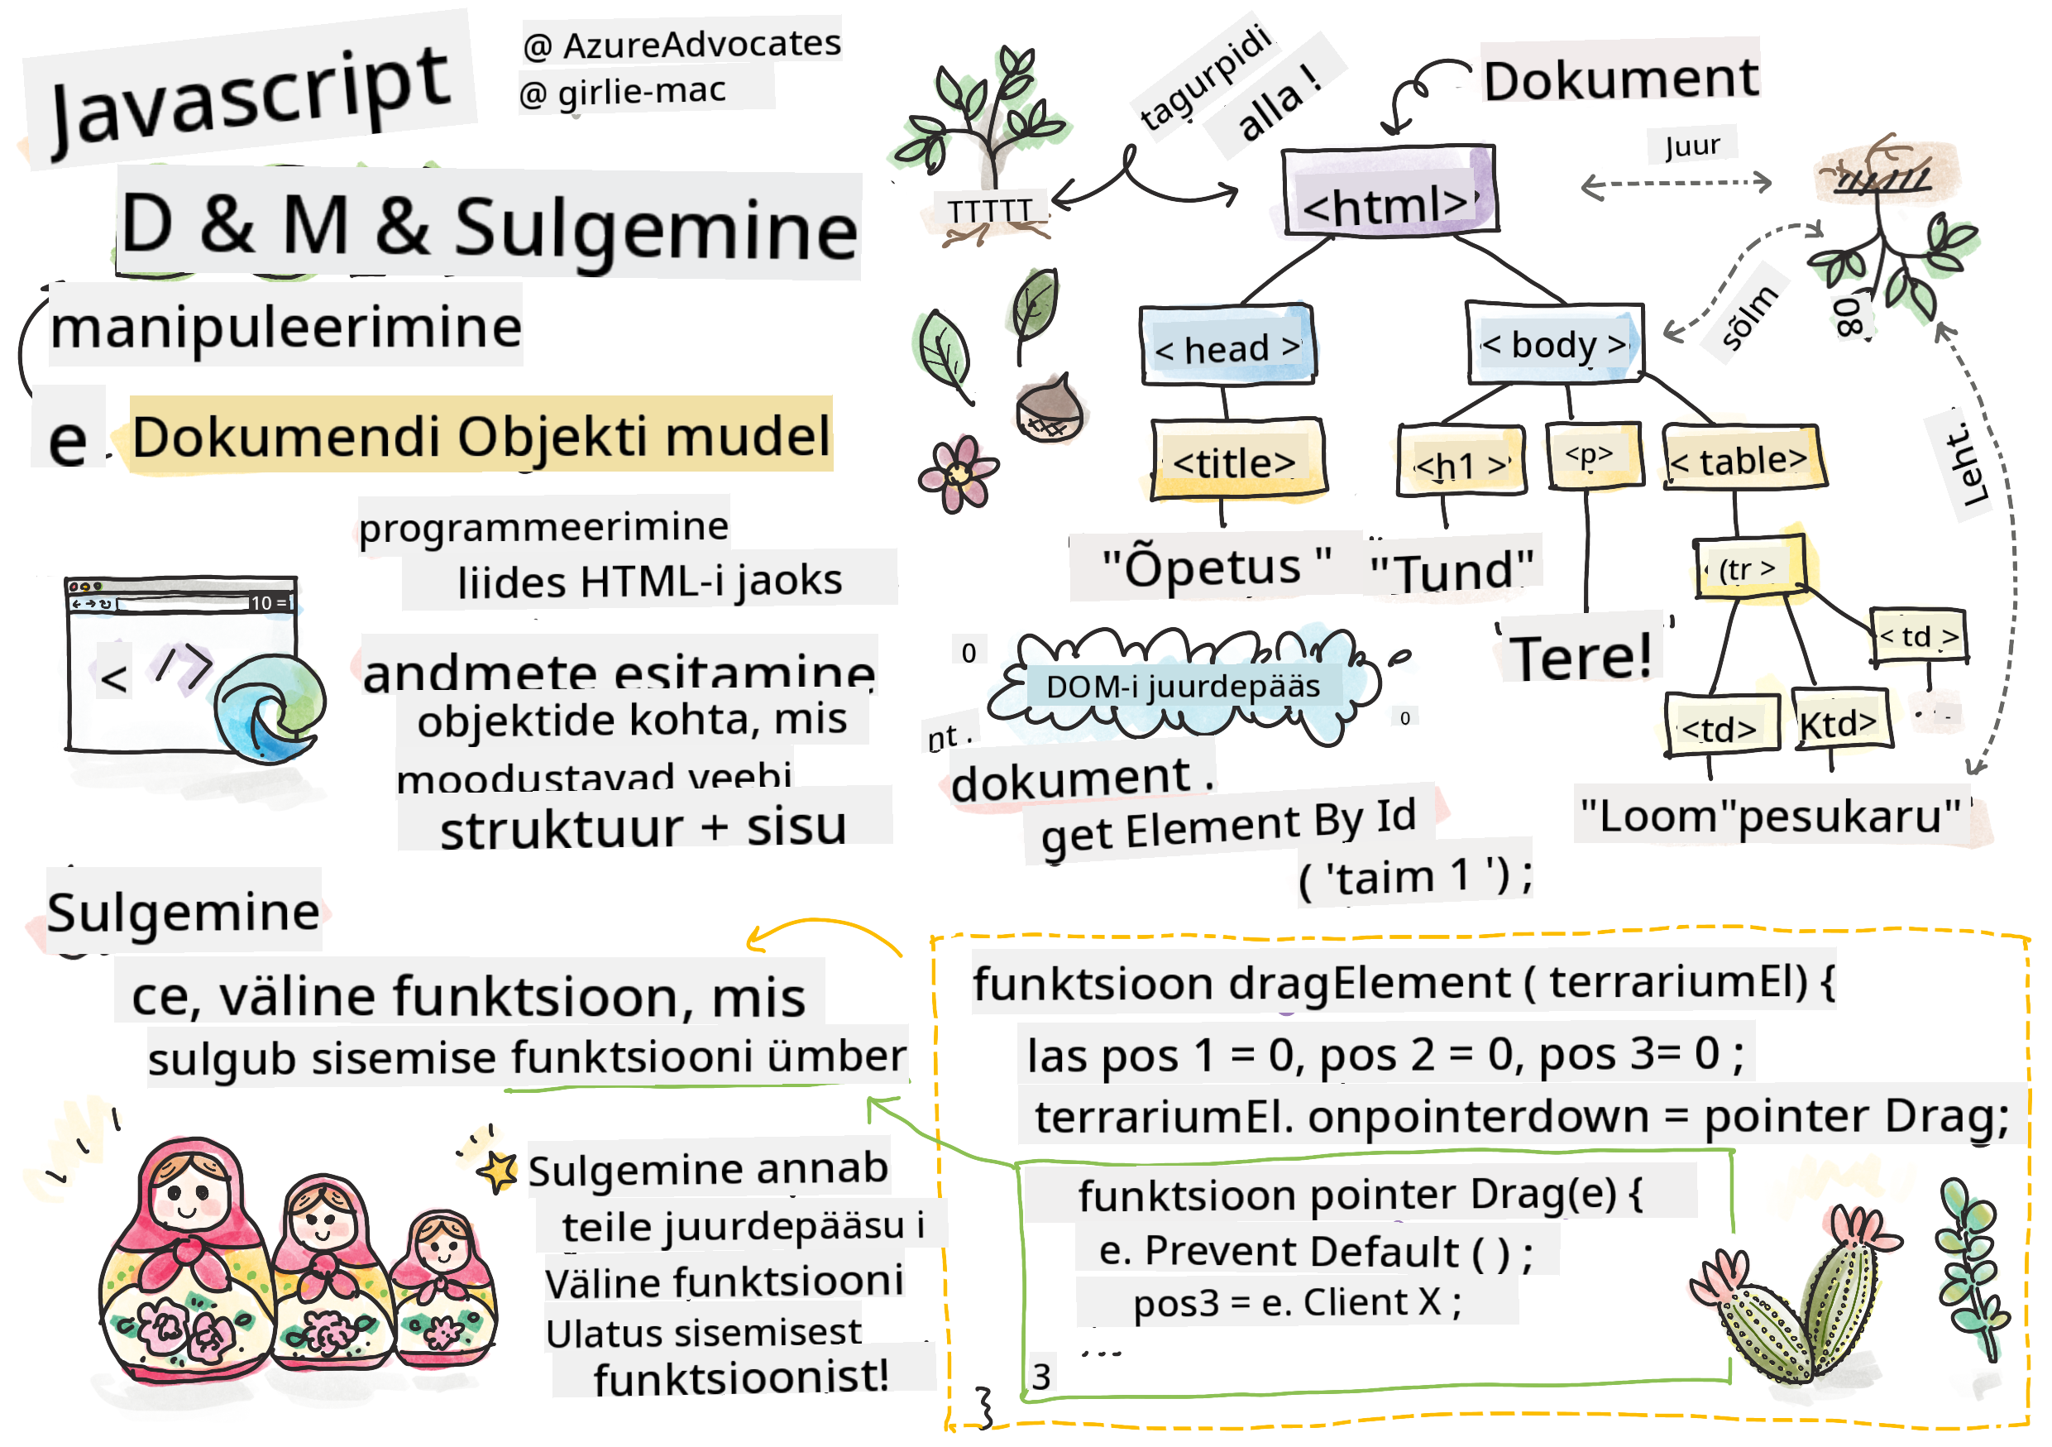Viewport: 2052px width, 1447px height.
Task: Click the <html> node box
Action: (x=1388, y=192)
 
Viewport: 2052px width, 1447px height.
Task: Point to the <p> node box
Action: (x=1592, y=456)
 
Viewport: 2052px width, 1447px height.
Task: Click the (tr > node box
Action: (x=1749, y=568)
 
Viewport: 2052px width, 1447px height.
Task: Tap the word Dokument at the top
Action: (x=1620, y=79)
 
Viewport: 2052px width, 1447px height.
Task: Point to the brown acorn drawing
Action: (x=1050, y=410)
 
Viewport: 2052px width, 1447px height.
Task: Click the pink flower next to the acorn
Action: (x=958, y=474)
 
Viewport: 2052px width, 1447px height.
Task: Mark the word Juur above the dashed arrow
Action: (x=1692, y=145)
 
